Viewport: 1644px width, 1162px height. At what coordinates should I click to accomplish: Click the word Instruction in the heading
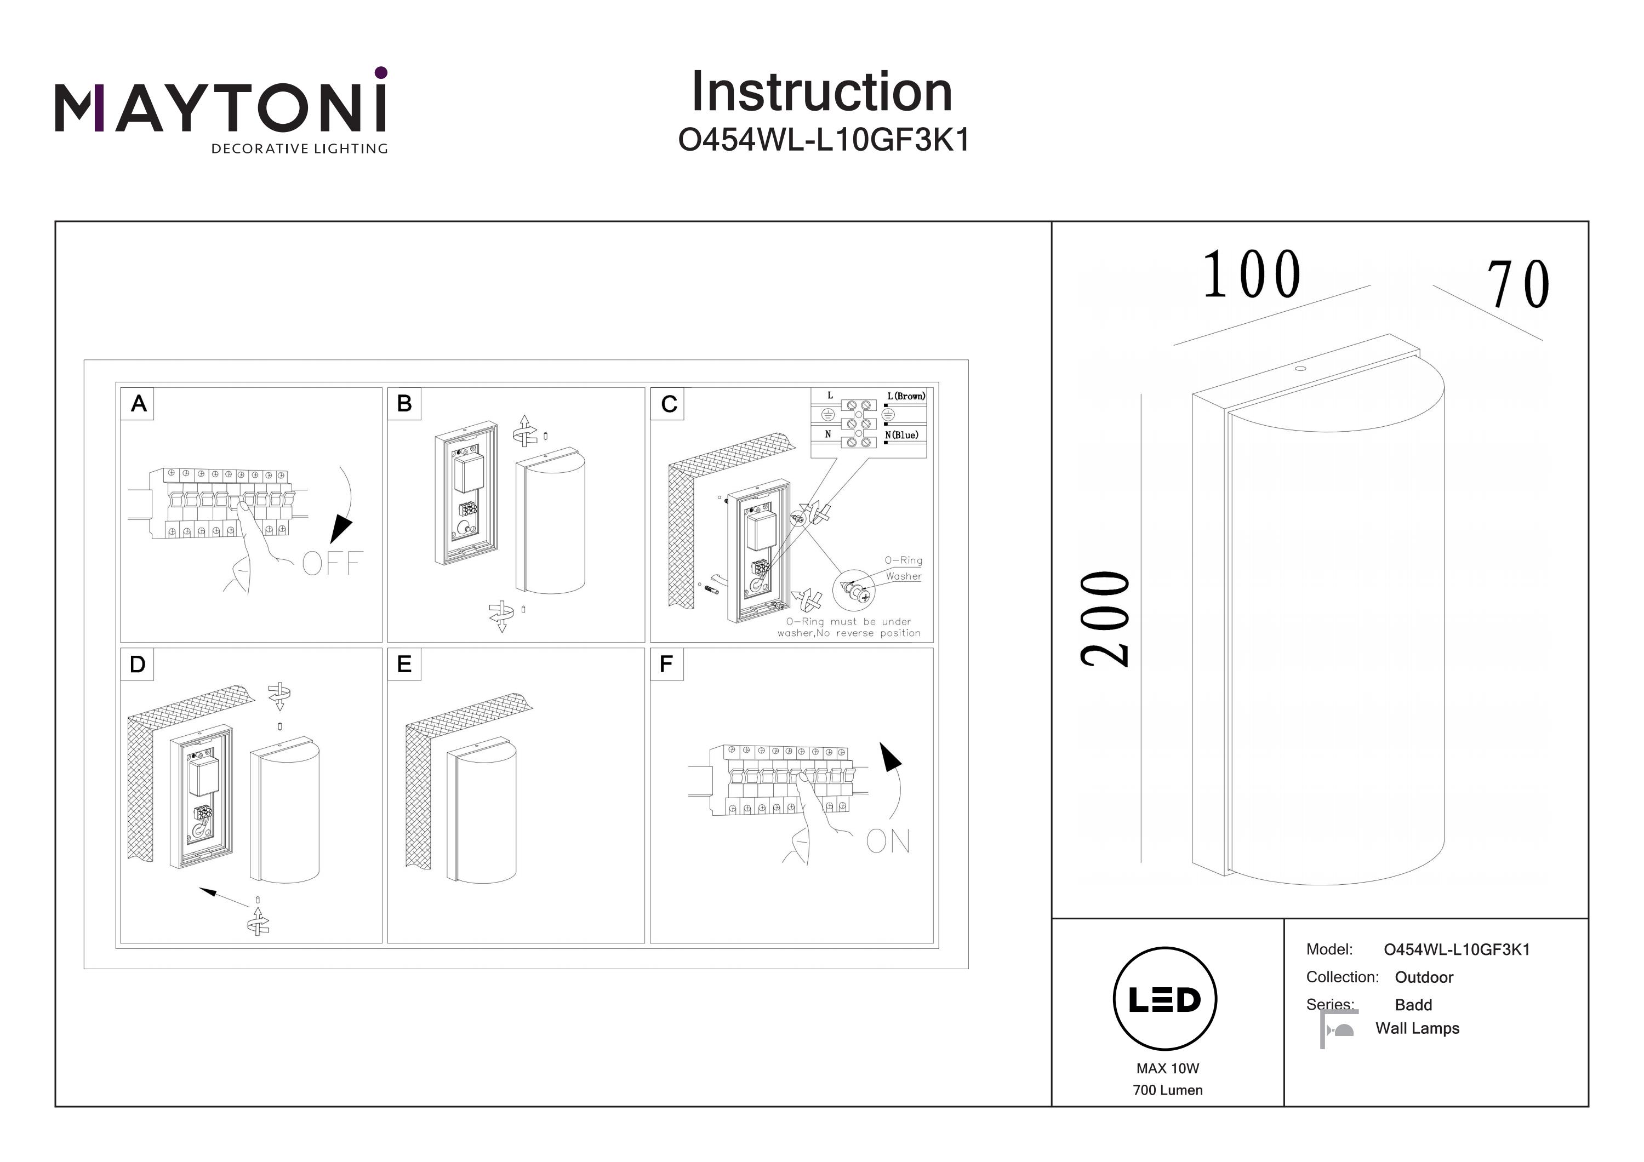[x=821, y=93]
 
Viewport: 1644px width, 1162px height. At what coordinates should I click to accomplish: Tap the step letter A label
[x=138, y=404]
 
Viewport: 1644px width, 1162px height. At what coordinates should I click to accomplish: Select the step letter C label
[x=669, y=404]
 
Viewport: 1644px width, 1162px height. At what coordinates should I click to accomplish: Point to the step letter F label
[x=666, y=665]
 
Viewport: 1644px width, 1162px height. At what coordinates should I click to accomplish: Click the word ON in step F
[x=888, y=842]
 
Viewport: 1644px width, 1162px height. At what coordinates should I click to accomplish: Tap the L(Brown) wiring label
[x=906, y=396]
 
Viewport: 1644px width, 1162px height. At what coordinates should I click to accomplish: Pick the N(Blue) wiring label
[x=901, y=436]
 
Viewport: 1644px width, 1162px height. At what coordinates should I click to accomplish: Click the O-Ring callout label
[x=903, y=560]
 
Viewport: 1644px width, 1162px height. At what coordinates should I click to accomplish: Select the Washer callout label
[x=904, y=576]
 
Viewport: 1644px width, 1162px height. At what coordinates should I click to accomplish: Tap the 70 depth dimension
[x=1519, y=285]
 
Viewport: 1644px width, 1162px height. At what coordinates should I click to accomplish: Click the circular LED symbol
[x=1165, y=999]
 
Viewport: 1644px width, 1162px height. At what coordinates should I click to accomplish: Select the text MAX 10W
[x=1167, y=1068]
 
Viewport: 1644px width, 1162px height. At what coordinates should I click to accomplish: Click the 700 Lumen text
[x=1167, y=1090]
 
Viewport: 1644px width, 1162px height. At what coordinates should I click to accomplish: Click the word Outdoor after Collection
[x=1424, y=977]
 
